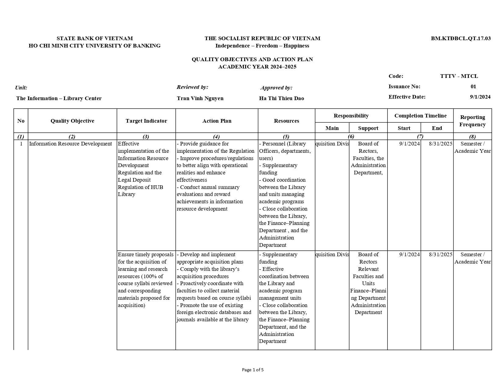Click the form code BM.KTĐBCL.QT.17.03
pyautogui.click(x=461, y=38)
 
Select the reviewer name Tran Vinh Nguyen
pyautogui.click(x=200, y=98)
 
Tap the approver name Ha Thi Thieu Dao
pyautogui.click(x=281, y=98)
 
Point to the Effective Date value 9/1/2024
pyautogui.click(x=480, y=97)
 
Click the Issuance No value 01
pyautogui.click(x=473, y=86)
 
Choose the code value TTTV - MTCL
pyautogui.click(x=459, y=76)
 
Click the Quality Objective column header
pyautogui.click(x=72, y=121)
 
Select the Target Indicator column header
pyautogui.click(x=146, y=121)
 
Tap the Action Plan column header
pyautogui.click(x=217, y=121)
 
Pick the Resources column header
pyautogui.click(x=286, y=121)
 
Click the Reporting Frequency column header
pyautogui.click(x=472, y=121)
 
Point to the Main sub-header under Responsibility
pyautogui.click(x=332, y=128)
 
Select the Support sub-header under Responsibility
pyautogui.click(x=368, y=128)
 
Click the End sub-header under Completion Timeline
pyautogui.click(x=437, y=128)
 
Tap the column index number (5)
pyautogui.click(x=286, y=137)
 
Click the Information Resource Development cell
pyautogui.click(x=70, y=144)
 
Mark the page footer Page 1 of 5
pyautogui.click(x=253, y=370)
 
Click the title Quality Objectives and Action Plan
pyautogui.click(x=252, y=59)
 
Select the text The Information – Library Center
pyautogui.click(x=59, y=98)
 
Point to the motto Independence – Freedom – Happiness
pyautogui.click(x=262, y=46)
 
